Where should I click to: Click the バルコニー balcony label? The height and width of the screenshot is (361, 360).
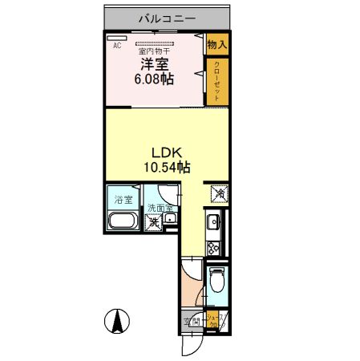pyautogui.click(x=167, y=16)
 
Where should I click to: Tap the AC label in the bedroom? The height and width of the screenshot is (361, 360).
pyautogui.click(x=117, y=46)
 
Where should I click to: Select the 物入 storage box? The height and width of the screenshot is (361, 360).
pyautogui.click(x=216, y=45)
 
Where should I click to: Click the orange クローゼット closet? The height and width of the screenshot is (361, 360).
pyautogui.click(x=216, y=81)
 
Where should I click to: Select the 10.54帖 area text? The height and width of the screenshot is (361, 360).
pyautogui.click(x=167, y=167)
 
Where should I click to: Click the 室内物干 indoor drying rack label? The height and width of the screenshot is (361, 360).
pyautogui.click(x=154, y=51)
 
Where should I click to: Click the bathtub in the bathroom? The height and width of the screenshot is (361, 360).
pyautogui.click(x=123, y=222)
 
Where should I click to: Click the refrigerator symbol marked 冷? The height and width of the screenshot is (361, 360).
pyautogui.click(x=217, y=193)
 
